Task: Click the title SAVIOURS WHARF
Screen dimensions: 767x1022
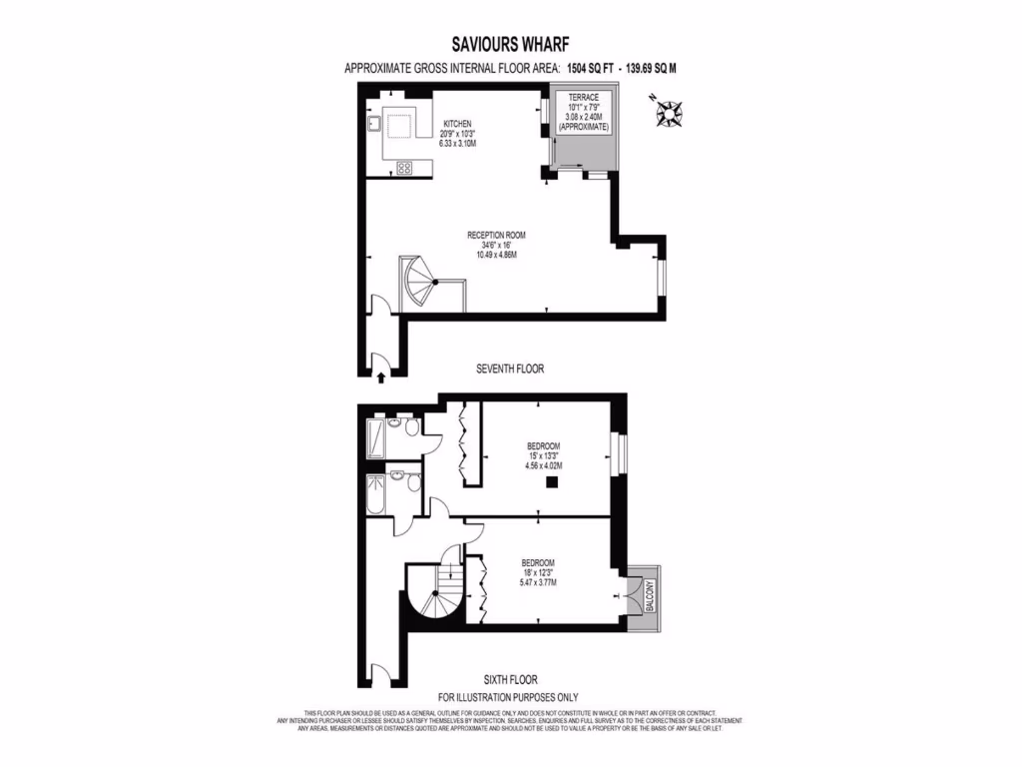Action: pos(511,45)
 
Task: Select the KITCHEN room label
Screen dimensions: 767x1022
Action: pos(457,124)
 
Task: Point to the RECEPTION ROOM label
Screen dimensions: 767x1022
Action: pos(496,236)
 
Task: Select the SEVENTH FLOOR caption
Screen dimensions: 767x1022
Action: pos(511,369)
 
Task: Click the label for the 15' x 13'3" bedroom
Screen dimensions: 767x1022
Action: pos(544,445)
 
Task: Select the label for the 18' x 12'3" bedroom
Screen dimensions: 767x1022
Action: pos(537,562)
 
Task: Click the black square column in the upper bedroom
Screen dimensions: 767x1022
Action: pos(550,483)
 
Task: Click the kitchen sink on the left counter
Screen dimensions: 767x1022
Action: pos(371,125)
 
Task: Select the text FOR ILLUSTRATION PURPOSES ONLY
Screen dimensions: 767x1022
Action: pos(508,697)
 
